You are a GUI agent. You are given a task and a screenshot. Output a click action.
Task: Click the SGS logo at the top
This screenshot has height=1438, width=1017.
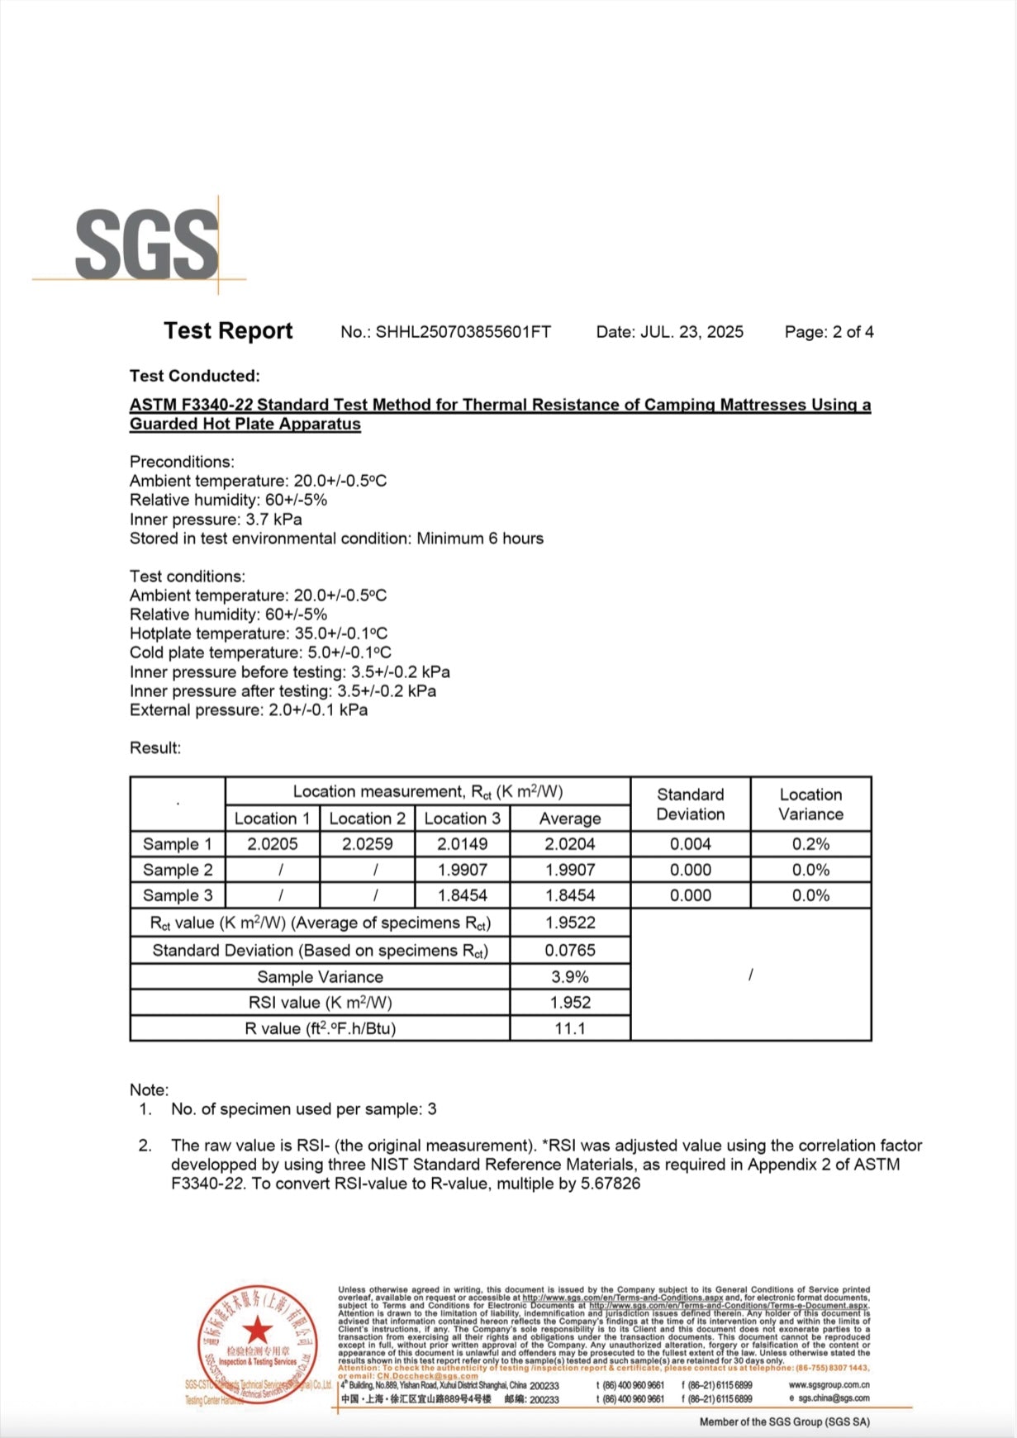pyautogui.click(x=147, y=244)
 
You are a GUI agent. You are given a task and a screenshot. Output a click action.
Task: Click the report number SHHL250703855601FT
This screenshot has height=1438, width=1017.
pyautogui.click(x=463, y=332)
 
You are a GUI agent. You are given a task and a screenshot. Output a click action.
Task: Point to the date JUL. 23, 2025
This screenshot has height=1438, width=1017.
pyautogui.click(x=691, y=332)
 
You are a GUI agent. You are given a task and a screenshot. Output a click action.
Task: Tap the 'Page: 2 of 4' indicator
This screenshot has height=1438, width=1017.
pyautogui.click(x=829, y=332)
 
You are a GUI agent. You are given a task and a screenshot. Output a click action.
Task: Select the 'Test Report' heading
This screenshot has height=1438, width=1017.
pyautogui.click(x=228, y=330)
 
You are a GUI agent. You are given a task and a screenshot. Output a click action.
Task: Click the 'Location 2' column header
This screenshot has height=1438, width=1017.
pyautogui.click(x=367, y=819)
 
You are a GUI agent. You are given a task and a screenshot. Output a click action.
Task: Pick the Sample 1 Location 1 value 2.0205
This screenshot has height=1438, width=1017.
pyautogui.click(x=272, y=844)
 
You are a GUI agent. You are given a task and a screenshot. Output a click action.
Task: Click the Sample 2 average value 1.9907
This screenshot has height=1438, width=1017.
pyautogui.click(x=569, y=870)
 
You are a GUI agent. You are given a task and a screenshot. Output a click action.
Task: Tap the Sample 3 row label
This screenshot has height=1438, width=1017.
pyautogui.click(x=178, y=895)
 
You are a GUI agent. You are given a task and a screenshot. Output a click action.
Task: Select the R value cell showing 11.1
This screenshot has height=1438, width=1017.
pyautogui.click(x=569, y=1028)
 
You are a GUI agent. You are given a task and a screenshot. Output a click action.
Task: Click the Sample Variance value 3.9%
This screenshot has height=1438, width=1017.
pyautogui.click(x=569, y=977)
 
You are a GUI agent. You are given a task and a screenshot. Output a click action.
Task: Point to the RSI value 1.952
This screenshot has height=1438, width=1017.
pyautogui.click(x=569, y=1003)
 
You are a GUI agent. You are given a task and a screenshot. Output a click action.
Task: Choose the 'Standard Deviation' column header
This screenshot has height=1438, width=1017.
pyautogui.click(x=690, y=804)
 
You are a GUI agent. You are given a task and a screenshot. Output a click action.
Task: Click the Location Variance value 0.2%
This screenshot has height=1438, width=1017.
pyautogui.click(x=810, y=844)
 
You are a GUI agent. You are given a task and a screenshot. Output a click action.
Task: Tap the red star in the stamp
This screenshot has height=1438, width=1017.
pyautogui.click(x=258, y=1331)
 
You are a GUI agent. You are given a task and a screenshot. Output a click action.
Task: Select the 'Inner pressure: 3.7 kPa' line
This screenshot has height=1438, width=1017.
pyautogui.click(x=216, y=520)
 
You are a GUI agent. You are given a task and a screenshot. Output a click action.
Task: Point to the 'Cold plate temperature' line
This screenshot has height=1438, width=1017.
pyautogui.click(x=260, y=653)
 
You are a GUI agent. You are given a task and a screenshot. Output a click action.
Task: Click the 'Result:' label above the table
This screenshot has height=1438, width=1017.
pyautogui.click(x=155, y=748)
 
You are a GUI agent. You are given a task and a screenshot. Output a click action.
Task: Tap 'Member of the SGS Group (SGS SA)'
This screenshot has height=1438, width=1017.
pyautogui.click(x=784, y=1421)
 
